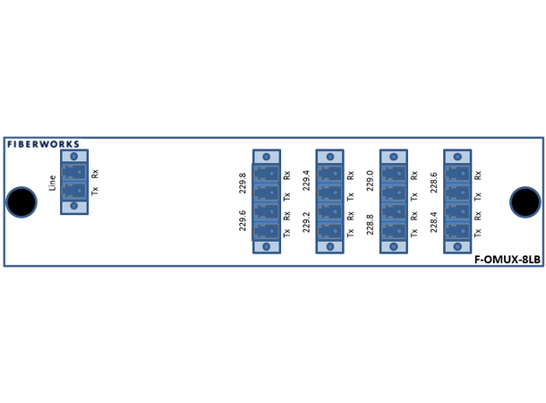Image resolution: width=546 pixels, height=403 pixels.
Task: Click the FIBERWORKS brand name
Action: pos(43,143)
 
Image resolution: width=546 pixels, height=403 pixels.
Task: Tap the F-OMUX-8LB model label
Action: pos(508,260)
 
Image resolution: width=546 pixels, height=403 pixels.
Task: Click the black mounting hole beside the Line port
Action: pos(21,202)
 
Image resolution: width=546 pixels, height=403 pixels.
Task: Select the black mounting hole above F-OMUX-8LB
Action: pos(525,202)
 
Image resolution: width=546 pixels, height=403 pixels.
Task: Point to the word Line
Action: pos(53,183)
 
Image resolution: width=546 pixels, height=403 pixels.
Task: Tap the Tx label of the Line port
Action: pos(95,191)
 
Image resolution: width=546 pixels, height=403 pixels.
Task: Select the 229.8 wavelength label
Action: pos(242,184)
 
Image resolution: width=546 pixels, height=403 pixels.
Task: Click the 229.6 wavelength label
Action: pos(242,220)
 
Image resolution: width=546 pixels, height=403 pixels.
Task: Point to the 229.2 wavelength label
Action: pos(306,220)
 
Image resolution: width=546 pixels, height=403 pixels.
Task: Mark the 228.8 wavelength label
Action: pos(370,220)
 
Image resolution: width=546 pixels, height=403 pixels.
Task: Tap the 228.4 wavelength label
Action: pos(434,220)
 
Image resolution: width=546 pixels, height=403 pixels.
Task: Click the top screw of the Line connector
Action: pos(74,156)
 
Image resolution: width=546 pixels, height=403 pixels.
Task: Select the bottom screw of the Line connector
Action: pos(74,206)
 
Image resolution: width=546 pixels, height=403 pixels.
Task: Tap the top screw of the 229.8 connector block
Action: pos(267,156)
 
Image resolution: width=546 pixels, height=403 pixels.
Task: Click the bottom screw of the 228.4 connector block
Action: pos(458,246)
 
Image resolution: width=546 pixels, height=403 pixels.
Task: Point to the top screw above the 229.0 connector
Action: pos(394,156)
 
